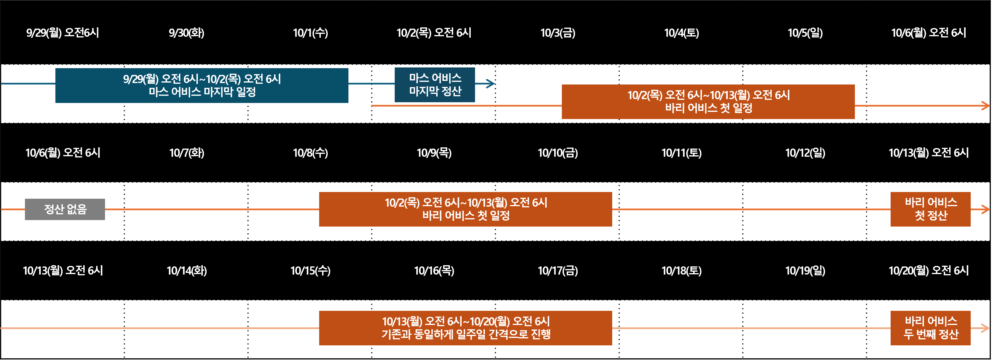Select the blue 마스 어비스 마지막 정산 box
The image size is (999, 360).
point(435,84)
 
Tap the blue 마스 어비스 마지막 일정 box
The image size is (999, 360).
point(202,85)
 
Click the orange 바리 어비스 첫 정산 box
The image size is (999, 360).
point(930,209)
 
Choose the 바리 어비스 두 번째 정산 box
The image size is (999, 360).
point(930,328)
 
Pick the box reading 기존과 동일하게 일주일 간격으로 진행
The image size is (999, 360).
point(465,328)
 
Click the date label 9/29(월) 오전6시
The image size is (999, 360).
point(62,33)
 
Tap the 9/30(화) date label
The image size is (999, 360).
point(187,33)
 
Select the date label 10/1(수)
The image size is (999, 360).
point(310,33)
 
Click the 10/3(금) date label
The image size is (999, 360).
point(558,33)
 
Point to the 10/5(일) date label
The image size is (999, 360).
point(805,33)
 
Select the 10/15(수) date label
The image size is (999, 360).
point(310,271)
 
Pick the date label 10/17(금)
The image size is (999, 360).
point(558,271)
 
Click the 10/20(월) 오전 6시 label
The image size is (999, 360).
point(928,270)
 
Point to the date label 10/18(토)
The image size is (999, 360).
point(681,271)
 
